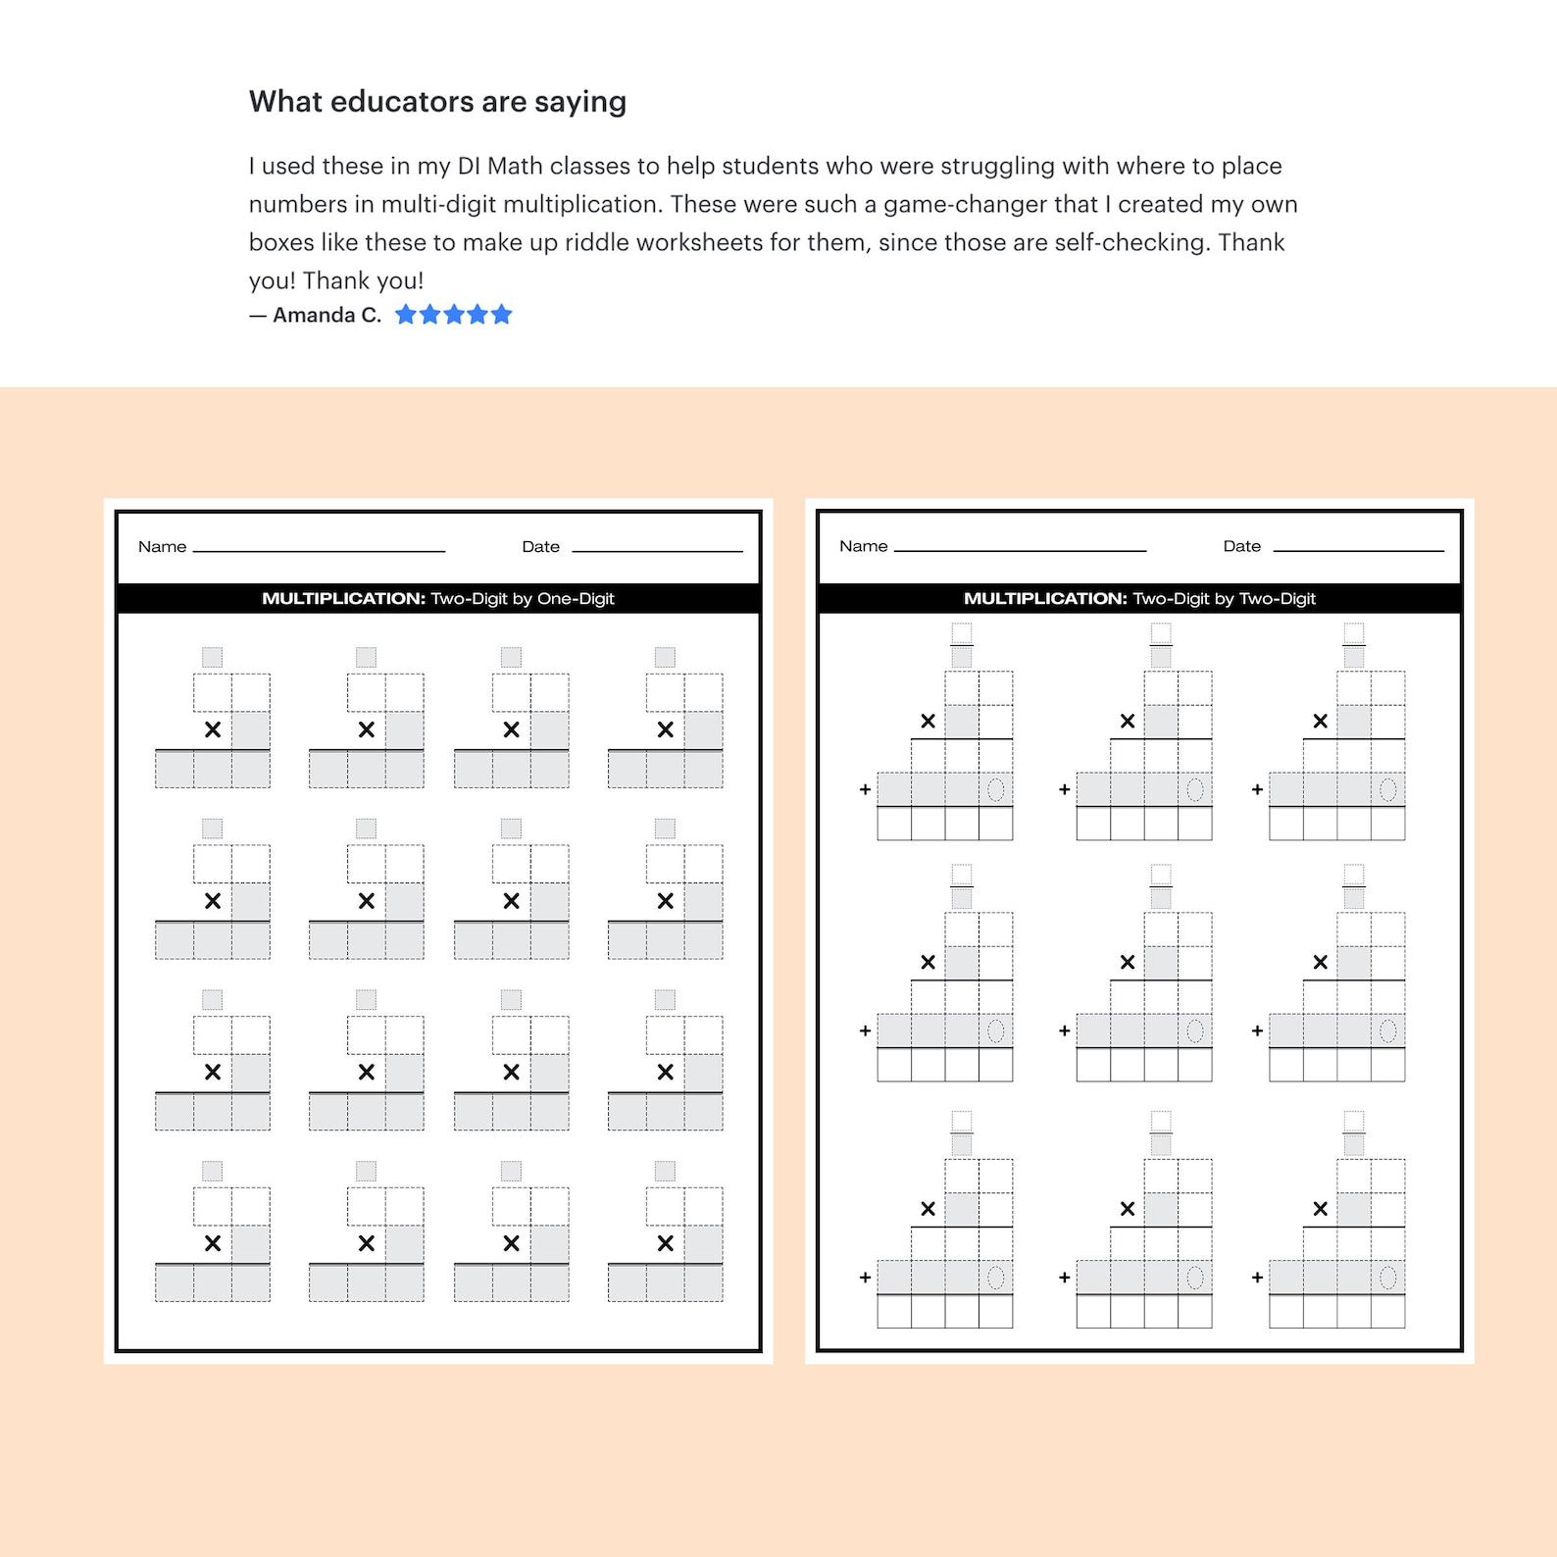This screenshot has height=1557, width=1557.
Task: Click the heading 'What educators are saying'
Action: click(437, 102)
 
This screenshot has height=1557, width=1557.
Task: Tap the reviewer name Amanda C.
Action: click(326, 315)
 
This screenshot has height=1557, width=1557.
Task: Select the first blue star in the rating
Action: click(405, 315)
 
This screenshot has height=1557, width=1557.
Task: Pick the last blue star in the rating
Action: click(501, 315)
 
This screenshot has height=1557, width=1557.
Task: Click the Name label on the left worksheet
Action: click(162, 546)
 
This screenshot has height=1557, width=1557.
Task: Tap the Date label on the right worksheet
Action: click(1241, 546)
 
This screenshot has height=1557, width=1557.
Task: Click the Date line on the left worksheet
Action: click(657, 551)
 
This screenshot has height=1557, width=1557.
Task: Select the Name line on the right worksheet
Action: click(1020, 551)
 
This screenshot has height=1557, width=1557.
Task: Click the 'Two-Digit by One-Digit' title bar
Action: click(438, 598)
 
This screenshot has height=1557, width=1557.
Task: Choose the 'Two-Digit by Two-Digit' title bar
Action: click(1139, 598)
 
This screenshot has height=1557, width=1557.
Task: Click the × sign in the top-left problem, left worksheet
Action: click(213, 729)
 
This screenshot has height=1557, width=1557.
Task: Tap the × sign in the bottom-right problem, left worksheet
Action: click(665, 1243)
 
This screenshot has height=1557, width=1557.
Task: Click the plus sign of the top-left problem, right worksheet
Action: click(865, 789)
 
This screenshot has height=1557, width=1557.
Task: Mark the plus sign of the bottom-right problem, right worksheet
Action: click(1257, 1278)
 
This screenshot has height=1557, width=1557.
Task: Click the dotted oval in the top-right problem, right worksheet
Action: click(1387, 789)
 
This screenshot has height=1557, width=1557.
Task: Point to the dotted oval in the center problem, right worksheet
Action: click(1194, 1030)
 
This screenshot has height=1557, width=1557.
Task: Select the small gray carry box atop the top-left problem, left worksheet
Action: click(212, 657)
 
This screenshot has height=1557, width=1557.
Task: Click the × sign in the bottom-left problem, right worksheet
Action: click(928, 1209)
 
